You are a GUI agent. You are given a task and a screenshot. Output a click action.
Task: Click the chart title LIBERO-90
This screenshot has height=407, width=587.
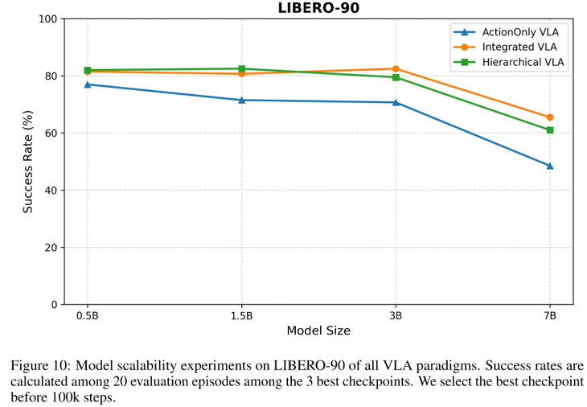tap(318, 8)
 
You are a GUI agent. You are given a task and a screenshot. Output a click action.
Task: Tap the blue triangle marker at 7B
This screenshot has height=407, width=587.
tap(550, 166)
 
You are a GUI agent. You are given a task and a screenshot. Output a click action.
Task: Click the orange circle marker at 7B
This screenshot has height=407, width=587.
tap(550, 117)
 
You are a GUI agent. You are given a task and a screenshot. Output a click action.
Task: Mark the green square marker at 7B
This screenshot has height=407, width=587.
tap(550, 130)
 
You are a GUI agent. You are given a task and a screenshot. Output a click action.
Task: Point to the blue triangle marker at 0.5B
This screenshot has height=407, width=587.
tap(88, 84)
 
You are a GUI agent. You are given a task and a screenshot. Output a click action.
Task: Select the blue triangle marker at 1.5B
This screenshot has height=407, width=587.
tap(241, 100)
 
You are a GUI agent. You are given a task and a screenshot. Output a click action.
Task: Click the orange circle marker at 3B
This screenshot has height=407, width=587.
tap(396, 69)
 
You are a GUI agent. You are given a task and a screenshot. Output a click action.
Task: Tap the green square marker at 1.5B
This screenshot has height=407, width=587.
tap(241, 69)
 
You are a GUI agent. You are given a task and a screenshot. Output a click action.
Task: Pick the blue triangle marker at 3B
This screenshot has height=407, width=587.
tap(396, 102)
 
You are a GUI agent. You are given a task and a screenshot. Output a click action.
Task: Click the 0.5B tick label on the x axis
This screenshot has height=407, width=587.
tap(88, 315)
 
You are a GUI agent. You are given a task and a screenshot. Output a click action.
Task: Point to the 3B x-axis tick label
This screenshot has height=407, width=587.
tap(396, 315)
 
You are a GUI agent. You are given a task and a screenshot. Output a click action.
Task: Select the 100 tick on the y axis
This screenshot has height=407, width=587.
tap(49, 18)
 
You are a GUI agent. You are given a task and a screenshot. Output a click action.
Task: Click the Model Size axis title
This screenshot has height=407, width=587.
tap(318, 331)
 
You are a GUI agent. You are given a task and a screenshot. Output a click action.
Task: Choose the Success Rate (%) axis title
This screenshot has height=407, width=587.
tap(28, 162)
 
